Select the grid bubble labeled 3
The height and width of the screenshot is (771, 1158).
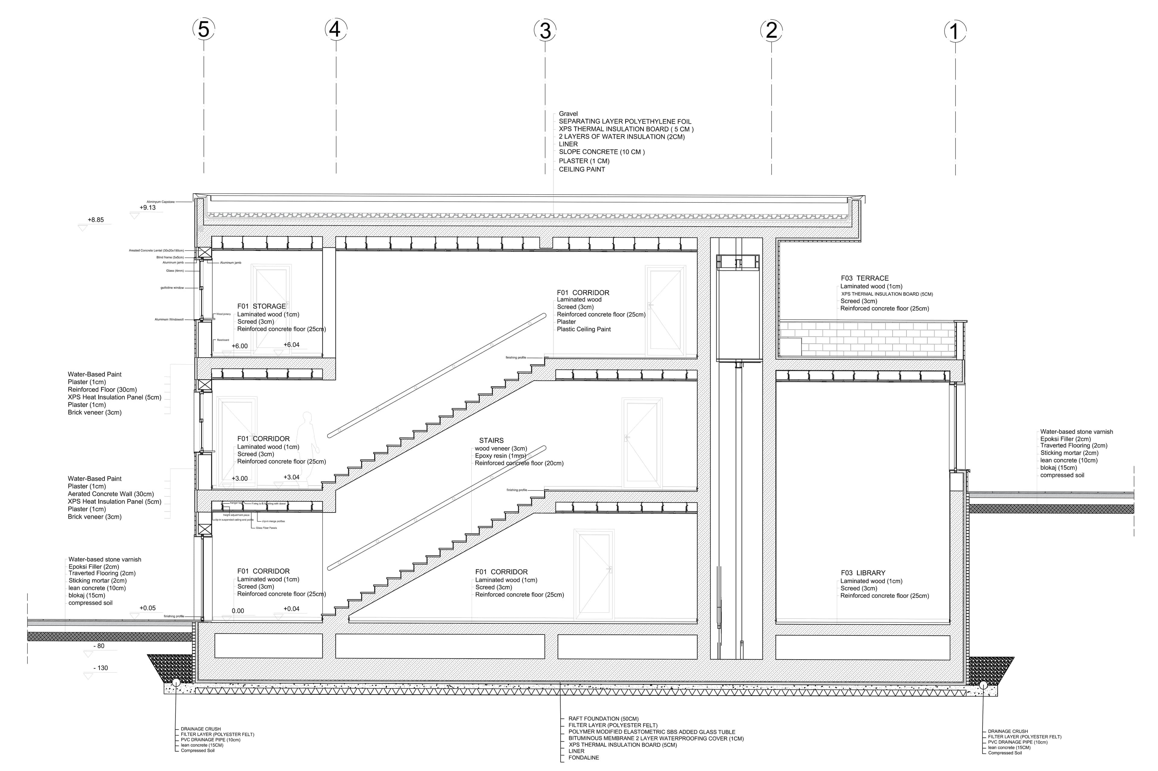[545, 30]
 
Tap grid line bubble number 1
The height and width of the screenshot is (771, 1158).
[955, 31]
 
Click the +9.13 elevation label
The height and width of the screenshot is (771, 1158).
[147, 208]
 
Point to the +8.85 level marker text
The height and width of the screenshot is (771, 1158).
[96, 220]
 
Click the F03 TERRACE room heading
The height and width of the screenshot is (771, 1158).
[864, 278]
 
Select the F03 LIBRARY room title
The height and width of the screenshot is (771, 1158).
[863, 573]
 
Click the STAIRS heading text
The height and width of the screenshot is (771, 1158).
[491, 440]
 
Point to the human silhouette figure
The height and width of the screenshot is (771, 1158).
[308, 447]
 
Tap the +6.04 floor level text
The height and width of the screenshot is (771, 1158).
[291, 345]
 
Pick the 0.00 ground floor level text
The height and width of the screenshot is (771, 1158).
[238, 611]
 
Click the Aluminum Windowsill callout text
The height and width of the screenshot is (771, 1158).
[169, 320]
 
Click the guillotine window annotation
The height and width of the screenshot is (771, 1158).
[172, 288]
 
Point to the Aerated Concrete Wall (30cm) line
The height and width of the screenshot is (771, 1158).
[111, 494]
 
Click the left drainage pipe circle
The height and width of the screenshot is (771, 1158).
[176, 683]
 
